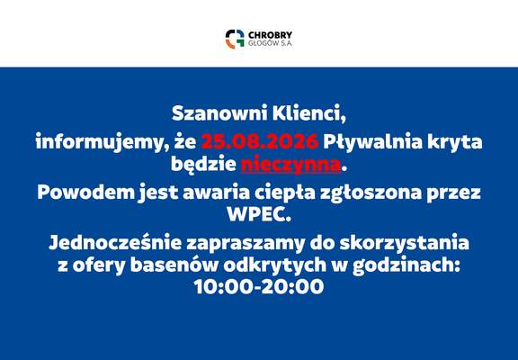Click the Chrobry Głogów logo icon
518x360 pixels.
pos(235,39)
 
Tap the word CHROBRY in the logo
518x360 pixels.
pos(270,35)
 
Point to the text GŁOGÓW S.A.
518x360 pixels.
pos(270,43)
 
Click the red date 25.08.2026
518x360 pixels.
pos(260,141)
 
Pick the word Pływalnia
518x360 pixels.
pos(373,142)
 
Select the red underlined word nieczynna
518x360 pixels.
pos(290,165)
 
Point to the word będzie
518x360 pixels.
pos(203,165)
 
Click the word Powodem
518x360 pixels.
pos(86,193)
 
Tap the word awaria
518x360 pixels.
pos(217,193)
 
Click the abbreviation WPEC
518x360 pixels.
pos(259,214)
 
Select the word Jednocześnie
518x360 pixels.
pos(115,243)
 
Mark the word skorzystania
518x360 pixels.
pos(405,243)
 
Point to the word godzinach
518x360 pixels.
pos(406,265)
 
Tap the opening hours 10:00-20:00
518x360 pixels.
pos(259,286)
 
